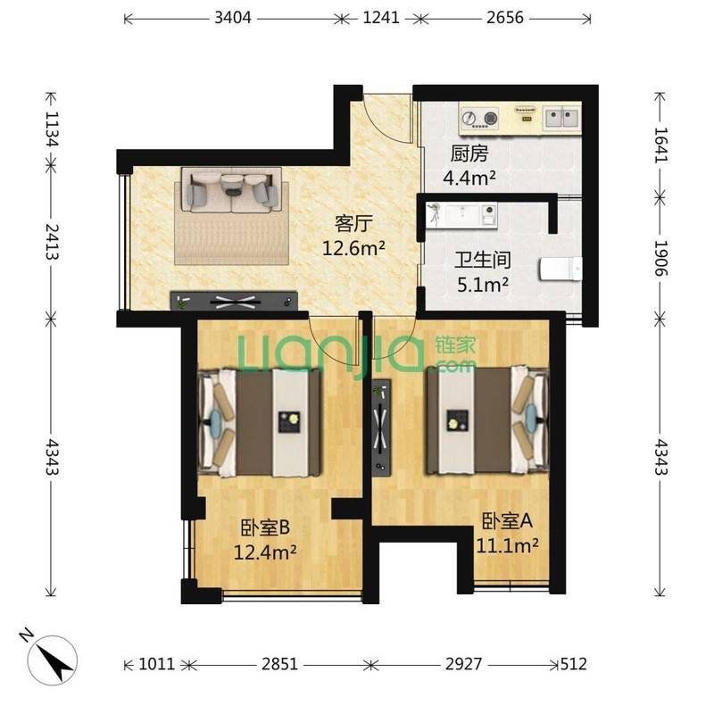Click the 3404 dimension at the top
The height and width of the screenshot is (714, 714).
233,18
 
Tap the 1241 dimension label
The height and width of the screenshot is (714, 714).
381,18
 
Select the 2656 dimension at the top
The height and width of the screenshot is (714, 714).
505,18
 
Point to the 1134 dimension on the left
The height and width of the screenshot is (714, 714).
53,129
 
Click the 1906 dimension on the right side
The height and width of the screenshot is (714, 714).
660,258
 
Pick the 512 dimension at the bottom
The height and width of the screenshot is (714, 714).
573,664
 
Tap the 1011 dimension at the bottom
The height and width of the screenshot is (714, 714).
157,664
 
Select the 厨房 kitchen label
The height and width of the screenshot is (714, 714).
469,154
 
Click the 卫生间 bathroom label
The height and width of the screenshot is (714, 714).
483,260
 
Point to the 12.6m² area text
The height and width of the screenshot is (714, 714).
353,249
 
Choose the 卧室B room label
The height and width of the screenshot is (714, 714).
265,527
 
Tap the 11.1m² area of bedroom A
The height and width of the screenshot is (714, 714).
507,544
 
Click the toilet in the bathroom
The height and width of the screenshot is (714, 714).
560,270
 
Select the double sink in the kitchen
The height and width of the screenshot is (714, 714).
562,118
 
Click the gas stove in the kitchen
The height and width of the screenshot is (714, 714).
479,118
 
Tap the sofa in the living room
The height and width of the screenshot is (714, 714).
232,190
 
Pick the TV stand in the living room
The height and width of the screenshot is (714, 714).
234,301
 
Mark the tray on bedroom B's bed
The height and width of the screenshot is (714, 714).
289,421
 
